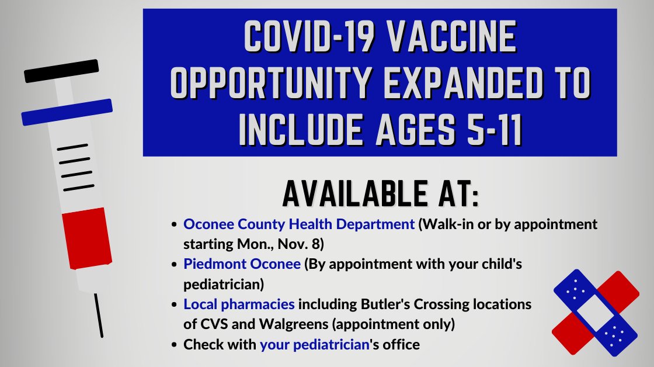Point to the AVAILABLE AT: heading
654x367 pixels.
pos(380,193)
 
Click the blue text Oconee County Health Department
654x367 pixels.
pos(299,224)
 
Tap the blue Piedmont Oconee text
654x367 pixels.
pos(243,264)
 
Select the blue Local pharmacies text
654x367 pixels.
pos(239,304)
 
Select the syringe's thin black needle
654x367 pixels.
pos(99,316)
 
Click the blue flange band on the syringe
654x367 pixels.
pos(67,112)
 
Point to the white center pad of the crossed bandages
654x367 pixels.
pos(596,313)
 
